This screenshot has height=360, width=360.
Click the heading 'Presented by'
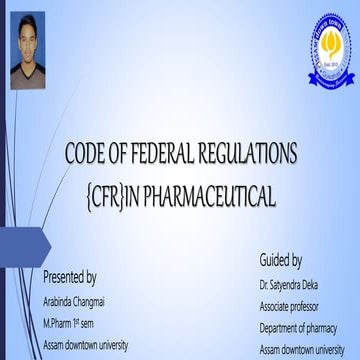click(x=70, y=277)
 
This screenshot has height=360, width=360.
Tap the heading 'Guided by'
click(x=281, y=261)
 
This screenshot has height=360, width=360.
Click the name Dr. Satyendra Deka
click(x=289, y=285)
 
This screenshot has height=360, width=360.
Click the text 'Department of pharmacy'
click(x=297, y=328)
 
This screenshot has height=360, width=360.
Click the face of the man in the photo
click(x=27, y=47)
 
